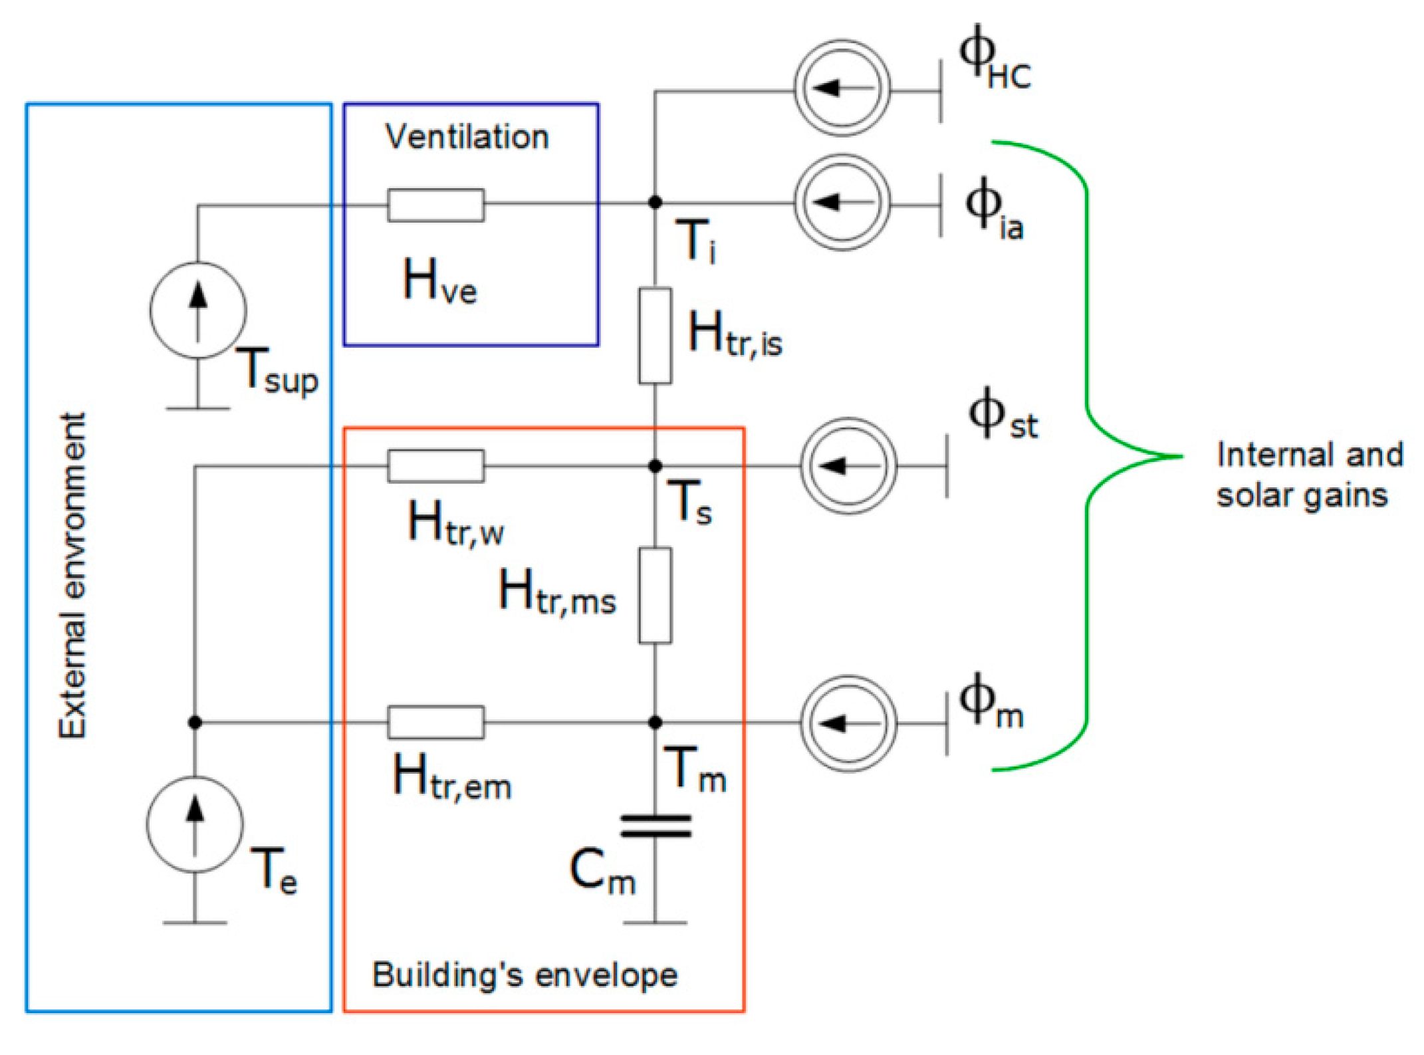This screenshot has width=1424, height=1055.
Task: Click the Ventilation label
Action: click(467, 137)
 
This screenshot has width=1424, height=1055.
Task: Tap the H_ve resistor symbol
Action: click(435, 205)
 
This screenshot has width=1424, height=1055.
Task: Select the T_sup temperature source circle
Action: click(198, 310)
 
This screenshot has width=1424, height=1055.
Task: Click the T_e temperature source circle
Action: click(195, 824)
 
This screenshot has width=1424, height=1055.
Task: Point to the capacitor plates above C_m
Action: click(655, 826)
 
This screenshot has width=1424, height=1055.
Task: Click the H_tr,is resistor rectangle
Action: click(655, 336)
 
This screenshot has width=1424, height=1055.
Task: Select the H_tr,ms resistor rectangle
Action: click(655, 595)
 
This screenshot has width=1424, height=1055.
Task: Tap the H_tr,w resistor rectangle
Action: click(435, 466)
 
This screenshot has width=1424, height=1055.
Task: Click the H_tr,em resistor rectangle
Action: click(435, 722)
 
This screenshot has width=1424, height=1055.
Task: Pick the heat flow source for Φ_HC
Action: click(842, 88)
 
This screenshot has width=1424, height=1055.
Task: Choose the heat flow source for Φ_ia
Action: click(842, 202)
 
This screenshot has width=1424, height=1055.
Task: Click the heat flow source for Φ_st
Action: click(848, 466)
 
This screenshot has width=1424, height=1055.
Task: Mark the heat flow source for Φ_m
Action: click(848, 723)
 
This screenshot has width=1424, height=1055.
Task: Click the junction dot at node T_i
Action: click(655, 202)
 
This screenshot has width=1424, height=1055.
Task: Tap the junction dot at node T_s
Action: click(655, 466)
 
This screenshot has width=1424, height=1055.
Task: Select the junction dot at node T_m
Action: click(655, 722)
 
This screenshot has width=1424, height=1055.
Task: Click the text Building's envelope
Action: click(525, 975)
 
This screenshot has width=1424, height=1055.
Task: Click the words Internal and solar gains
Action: click(1308, 475)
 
